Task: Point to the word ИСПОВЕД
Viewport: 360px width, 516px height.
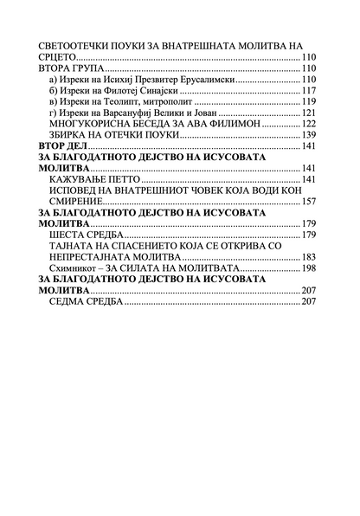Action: pyautogui.click(x=80, y=190)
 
